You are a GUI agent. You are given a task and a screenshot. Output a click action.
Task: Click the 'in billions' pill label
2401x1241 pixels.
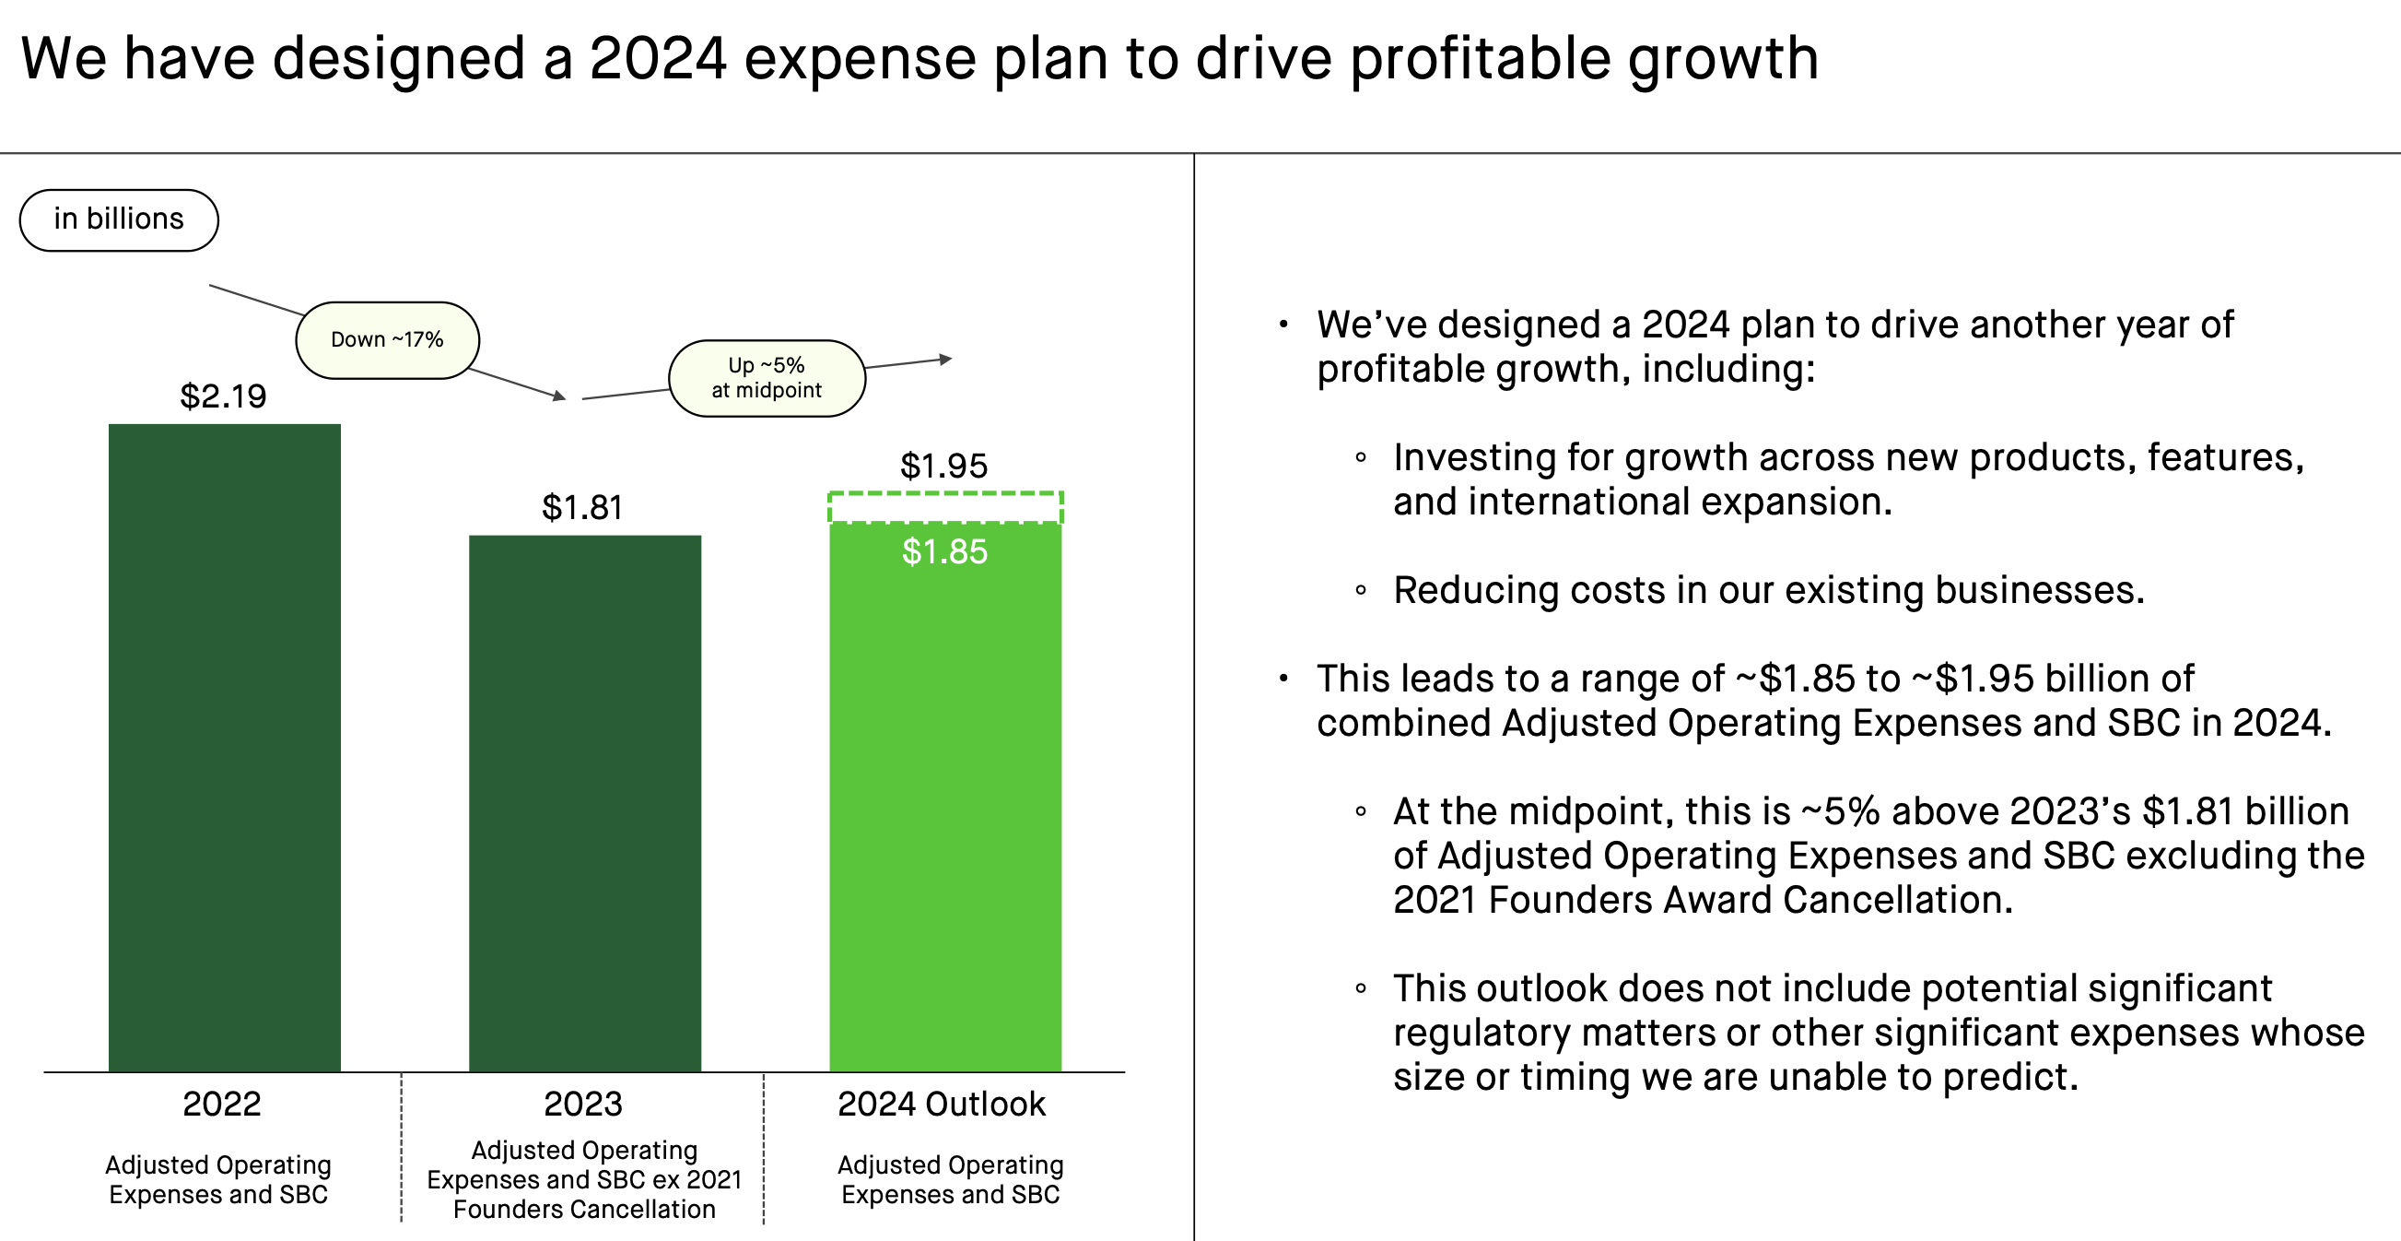[118, 219]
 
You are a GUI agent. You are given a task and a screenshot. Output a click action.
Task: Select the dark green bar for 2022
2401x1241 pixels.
[225, 746]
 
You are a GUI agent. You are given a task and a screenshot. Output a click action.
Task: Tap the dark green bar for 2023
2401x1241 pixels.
[584, 802]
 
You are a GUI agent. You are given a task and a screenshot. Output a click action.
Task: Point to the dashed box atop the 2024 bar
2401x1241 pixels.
[945, 507]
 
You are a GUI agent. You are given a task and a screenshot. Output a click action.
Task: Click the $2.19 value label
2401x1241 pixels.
[223, 396]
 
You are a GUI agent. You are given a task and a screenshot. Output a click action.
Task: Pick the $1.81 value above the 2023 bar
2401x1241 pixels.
[581, 507]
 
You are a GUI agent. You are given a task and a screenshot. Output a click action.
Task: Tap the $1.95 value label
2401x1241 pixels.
[943, 466]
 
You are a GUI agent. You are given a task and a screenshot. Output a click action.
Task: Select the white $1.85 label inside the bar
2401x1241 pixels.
[944, 551]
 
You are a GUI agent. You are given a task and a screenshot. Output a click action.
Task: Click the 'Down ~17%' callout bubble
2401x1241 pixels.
[387, 339]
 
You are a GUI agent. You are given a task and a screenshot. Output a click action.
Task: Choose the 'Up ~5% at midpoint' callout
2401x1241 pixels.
[767, 378]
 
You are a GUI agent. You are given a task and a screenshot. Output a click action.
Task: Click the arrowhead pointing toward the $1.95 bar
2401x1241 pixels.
[945, 359]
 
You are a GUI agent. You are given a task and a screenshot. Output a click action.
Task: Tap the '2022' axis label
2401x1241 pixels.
[221, 1104]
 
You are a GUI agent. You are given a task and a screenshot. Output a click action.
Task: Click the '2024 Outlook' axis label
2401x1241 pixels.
[941, 1104]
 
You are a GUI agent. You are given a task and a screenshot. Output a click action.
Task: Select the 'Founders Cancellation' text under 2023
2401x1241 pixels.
[583, 1210]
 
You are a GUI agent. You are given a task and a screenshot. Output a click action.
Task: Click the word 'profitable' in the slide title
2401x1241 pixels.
[1479, 58]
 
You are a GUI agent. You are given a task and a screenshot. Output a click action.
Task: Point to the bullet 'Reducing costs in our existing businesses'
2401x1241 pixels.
[1768, 590]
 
